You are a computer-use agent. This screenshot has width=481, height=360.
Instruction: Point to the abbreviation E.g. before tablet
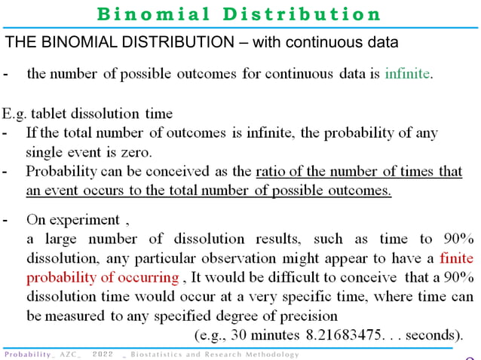point(17,114)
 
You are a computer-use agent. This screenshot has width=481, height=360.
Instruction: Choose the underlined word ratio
point(271,171)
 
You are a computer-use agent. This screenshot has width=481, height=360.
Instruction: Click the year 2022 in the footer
point(104,354)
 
